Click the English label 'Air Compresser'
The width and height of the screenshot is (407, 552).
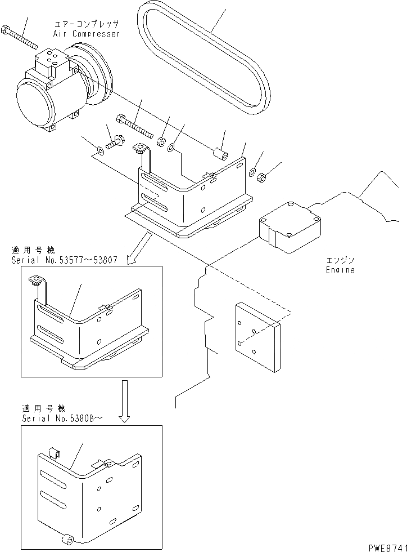87,34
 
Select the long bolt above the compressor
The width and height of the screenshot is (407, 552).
19,36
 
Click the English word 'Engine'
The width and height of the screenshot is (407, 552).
341,270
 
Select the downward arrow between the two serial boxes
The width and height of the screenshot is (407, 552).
125,400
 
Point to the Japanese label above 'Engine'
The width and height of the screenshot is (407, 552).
340,261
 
